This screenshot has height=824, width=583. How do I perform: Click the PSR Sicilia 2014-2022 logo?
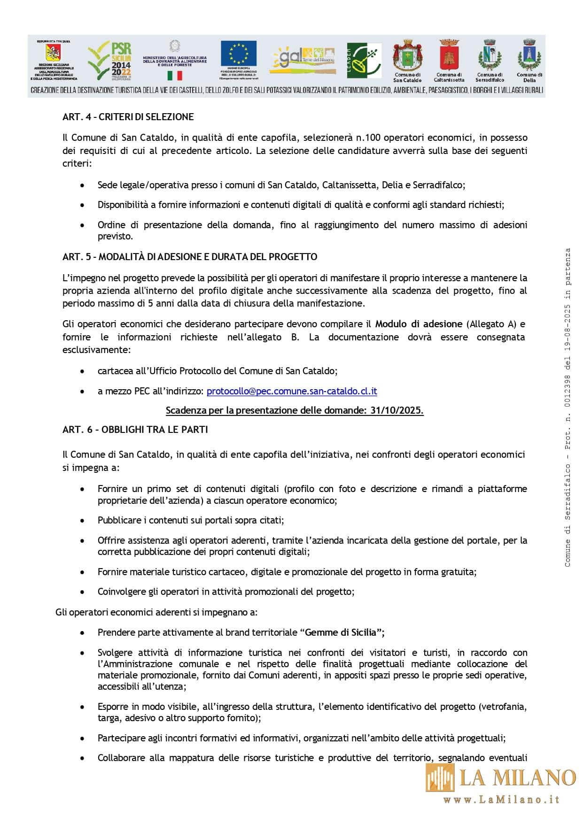click(x=109, y=60)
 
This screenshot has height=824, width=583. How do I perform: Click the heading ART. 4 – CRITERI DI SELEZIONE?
click(x=128, y=117)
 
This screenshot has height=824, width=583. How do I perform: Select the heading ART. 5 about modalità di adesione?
click(x=189, y=257)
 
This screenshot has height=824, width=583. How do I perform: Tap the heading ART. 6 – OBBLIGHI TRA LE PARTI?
click(x=135, y=430)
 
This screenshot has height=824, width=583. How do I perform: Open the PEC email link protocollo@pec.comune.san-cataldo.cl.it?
click(x=292, y=391)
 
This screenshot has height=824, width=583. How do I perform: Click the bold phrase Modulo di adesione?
click(x=419, y=324)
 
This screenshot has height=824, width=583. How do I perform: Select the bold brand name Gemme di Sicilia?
click(x=341, y=632)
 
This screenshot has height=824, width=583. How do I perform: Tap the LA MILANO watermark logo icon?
click(x=440, y=777)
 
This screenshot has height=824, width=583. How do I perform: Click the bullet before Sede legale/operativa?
click(x=83, y=185)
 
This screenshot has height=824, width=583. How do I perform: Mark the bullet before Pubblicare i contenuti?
click(x=83, y=521)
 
